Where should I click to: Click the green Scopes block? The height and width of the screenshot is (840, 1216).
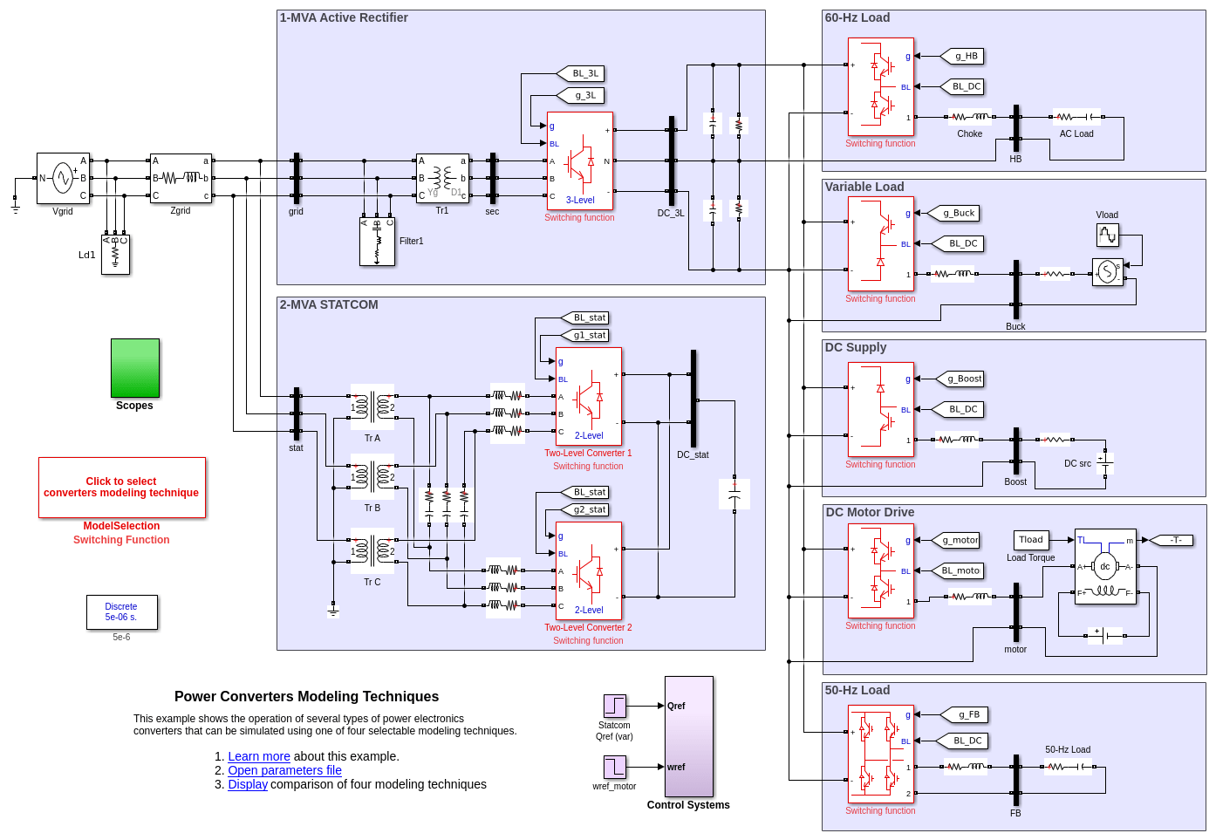(x=135, y=368)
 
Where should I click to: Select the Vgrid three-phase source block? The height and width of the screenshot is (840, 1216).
(x=63, y=178)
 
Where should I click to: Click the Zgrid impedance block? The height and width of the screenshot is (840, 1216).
(x=181, y=178)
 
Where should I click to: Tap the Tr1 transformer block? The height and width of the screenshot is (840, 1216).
(x=442, y=178)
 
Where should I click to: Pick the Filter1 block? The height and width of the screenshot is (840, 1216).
(x=377, y=242)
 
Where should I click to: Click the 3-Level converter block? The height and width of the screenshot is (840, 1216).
(x=580, y=161)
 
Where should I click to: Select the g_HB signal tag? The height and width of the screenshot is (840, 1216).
(x=962, y=56)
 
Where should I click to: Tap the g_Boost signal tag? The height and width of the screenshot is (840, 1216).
(x=960, y=379)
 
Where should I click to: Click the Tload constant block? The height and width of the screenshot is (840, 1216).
(x=1031, y=540)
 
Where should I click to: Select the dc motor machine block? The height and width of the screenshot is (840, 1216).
(x=1105, y=567)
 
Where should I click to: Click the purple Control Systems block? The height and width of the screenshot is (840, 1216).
(x=689, y=736)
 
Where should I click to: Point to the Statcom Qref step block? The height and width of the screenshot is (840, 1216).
(x=615, y=706)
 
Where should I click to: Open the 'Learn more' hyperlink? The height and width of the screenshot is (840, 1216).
(x=259, y=756)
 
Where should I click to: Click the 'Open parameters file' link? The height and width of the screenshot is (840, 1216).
(x=284, y=770)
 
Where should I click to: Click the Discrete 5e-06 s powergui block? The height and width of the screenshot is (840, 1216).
(x=122, y=612)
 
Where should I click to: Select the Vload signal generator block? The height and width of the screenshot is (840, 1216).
(x=1107, y=235)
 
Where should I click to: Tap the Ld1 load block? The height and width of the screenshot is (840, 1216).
(x=115, y=255)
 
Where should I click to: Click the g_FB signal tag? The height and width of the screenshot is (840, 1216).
(x=965, y=714)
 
